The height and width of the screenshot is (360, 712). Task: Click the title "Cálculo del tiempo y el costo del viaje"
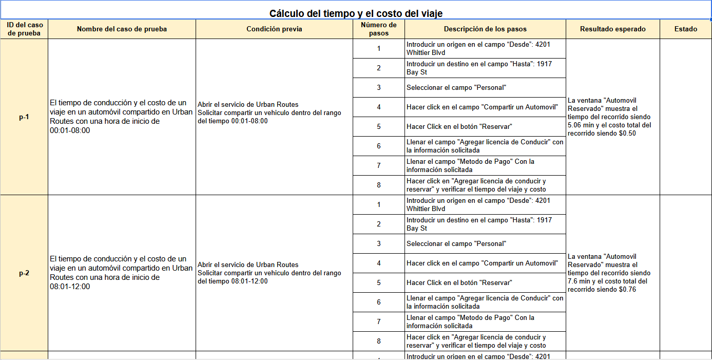click(356, 13)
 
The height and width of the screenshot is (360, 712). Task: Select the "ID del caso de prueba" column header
click(25, 29)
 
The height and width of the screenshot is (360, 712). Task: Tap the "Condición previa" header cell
click(274, 29)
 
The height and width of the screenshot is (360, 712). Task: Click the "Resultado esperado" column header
click(612, 29)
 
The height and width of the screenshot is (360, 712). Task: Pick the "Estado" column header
click(685, 29)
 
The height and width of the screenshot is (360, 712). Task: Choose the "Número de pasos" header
click(379, 29)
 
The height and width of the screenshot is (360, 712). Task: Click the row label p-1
click(24, 117)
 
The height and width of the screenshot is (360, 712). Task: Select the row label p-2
click(24, 273)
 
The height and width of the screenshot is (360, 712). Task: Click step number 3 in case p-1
click(379, 88)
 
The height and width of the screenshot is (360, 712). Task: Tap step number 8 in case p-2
click(379, 342)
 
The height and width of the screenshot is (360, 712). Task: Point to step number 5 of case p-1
click(379, 127)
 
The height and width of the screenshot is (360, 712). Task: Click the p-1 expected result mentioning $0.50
click(612, 117)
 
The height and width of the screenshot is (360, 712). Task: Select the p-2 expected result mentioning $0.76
click(612, 273)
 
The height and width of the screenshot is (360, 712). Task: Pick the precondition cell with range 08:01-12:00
click(274, 273)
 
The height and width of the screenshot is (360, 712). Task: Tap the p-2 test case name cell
click(122, 273)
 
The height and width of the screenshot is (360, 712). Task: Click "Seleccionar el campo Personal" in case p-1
click(456, 88)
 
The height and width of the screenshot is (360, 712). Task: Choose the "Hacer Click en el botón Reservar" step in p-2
click(459, 283)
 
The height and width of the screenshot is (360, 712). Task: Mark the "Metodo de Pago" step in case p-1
click(470, 166)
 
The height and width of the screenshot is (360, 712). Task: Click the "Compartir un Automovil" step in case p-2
click(482, 263)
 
